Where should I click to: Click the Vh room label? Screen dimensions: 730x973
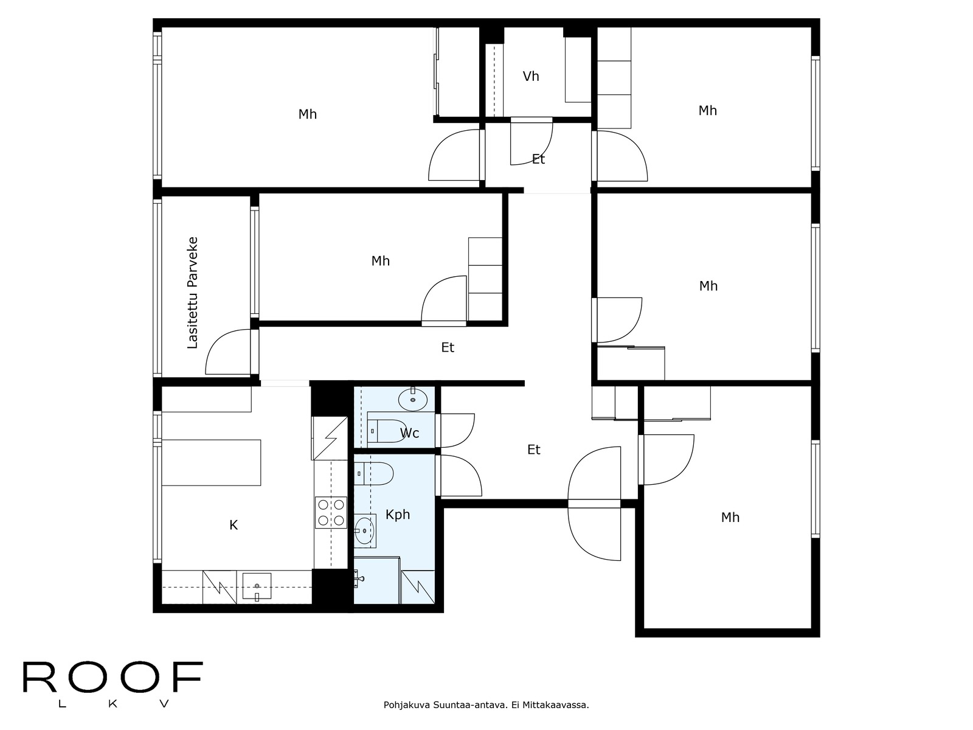click(531, 76)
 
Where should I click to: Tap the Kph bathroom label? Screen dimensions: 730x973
click(398, 515)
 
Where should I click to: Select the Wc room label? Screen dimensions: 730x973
click(409, 433)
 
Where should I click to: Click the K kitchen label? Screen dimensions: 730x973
click(234, 525)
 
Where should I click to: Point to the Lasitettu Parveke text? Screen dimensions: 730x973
click(193, 292)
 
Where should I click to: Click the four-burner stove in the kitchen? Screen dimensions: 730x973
click(331, 512)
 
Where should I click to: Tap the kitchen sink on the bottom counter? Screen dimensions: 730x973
click(257, 586)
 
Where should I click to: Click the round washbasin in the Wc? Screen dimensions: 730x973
click(413, 400)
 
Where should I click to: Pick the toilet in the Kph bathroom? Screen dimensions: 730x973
click(376, 473)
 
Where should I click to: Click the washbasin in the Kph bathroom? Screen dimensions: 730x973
click(365, 530)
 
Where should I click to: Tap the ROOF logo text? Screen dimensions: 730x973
click(113, 678)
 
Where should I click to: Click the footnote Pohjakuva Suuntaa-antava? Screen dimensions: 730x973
click(486, 706)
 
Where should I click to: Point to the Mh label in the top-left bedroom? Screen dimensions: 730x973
click(307, 114)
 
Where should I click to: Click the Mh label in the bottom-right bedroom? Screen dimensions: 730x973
click(730, 518)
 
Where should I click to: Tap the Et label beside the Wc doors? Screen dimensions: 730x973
click(533, 450)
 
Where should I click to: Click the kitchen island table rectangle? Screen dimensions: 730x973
click(211, 462)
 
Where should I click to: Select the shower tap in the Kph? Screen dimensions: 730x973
click(359, 579)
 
